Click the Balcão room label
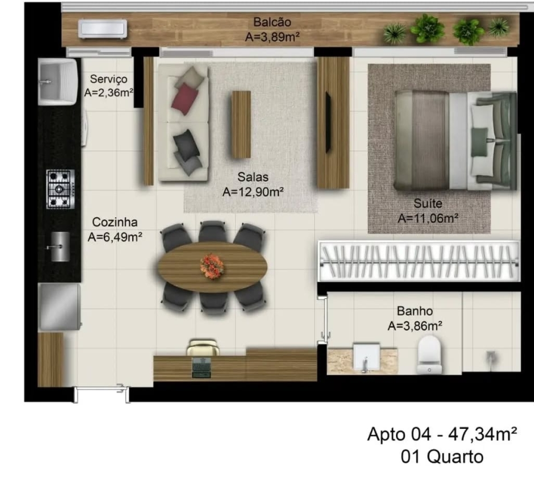272,22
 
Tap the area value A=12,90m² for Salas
253,192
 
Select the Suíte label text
428,204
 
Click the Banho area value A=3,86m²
415,326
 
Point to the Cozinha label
114,222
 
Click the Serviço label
109,79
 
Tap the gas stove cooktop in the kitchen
61,189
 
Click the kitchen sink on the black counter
59,247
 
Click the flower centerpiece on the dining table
212,266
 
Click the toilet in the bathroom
429,354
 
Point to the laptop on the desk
202,367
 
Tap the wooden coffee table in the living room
241,124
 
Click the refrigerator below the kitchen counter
59,307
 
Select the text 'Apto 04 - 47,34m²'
442,434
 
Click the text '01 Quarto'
442,456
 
